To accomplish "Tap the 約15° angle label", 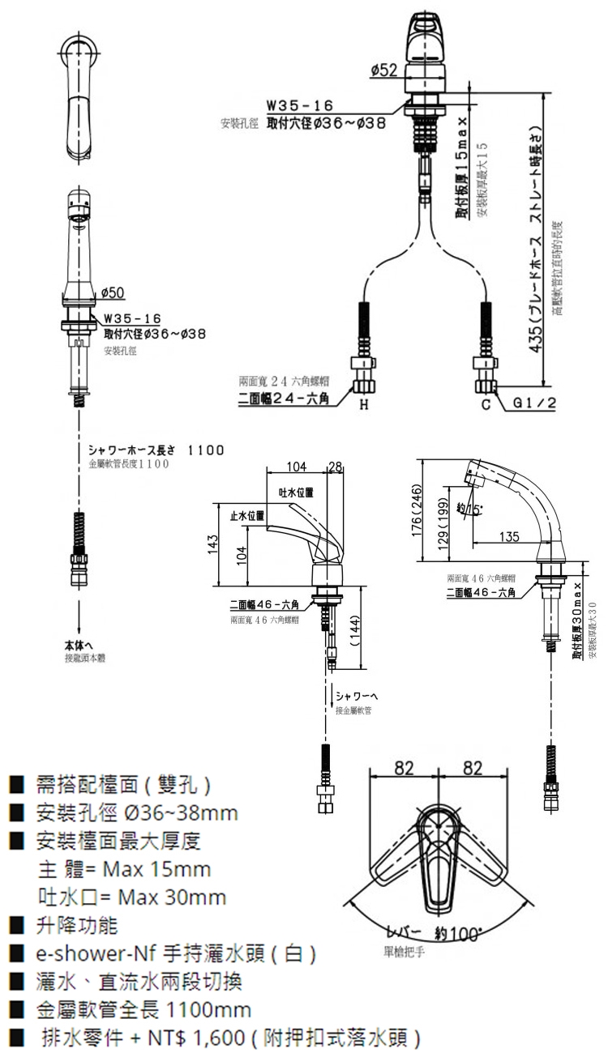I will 469,509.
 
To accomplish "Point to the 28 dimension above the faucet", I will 335,465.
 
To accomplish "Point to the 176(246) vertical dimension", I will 417,511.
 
